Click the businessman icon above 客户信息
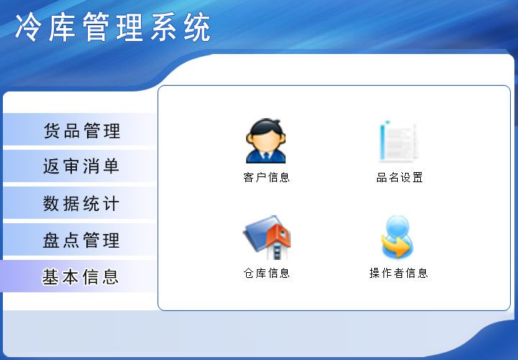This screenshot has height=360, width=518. (x=265, y=141)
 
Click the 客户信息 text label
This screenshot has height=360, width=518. (x=266, y=178)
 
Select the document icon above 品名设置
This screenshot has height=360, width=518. (x=399, y=142)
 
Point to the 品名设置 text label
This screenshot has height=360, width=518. (x=399, y=178)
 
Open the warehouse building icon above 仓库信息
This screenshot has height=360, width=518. (x=267, y=238)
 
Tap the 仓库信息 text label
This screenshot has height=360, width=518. (x=266, y=273)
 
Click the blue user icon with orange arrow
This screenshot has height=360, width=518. (x=397, y=237)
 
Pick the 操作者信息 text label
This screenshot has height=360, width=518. (x=399, y=273)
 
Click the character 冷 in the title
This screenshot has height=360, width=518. (x=27, y=27)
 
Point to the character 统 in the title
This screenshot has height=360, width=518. (x=198, y=27)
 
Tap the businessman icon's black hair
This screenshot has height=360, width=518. (x=266, y=127)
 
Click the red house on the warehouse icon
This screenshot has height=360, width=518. (x=279, y=237)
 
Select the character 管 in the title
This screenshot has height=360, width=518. (x=96, y=27)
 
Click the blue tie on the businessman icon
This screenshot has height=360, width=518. (x=266, y=156)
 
